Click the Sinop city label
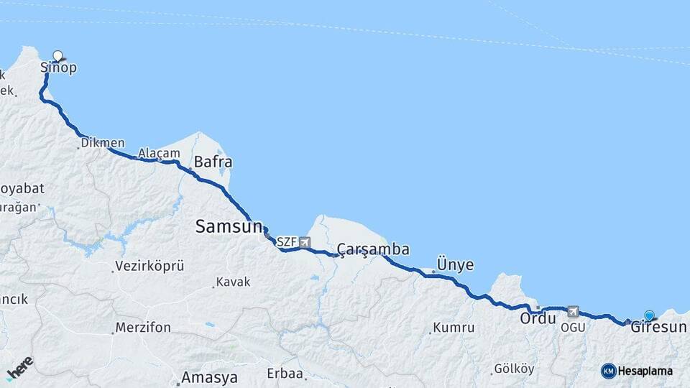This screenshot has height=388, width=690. [58, 68]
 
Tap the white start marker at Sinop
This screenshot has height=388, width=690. [58, 55]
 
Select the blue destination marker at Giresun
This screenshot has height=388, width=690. [650, 315]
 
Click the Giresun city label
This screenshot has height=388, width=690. [658, 328]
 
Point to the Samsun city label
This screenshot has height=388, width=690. [229, 226]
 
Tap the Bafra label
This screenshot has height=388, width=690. [213, 162]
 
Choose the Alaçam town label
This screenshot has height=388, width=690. [159, 153]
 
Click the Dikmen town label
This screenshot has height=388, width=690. [103, 143]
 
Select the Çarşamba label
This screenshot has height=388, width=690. [374, 249]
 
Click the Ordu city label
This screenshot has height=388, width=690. [539, 318]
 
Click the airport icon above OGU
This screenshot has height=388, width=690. [573, 312]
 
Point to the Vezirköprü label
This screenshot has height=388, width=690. [149, 266]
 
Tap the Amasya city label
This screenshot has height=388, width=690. [210, 377]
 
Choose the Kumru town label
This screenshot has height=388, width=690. [453, 328]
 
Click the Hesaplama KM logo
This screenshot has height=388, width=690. [609, 371]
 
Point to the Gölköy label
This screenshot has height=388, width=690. [514, 369]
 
